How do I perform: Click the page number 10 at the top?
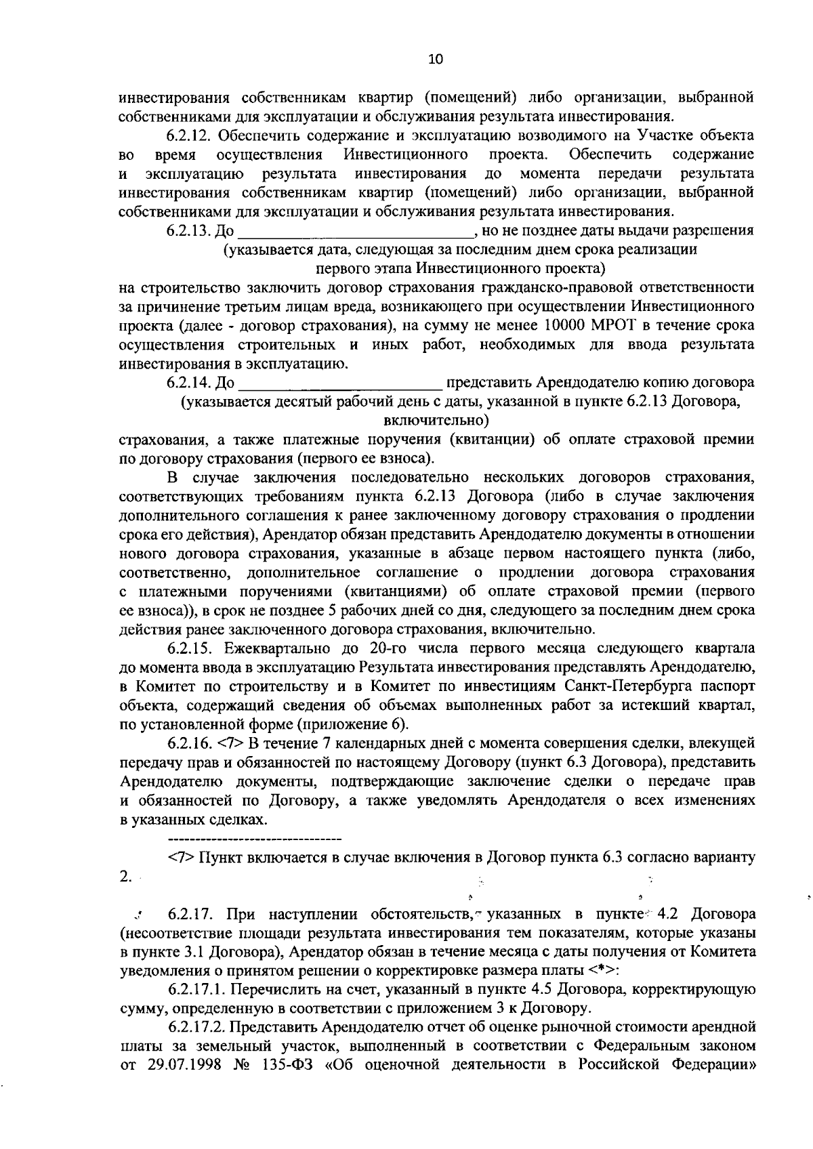(x=435, y=60)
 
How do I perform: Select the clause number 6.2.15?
(x=191, y=648)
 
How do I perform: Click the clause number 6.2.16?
(x=191, y=744)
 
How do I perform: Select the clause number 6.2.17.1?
(x=198, y=990)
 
